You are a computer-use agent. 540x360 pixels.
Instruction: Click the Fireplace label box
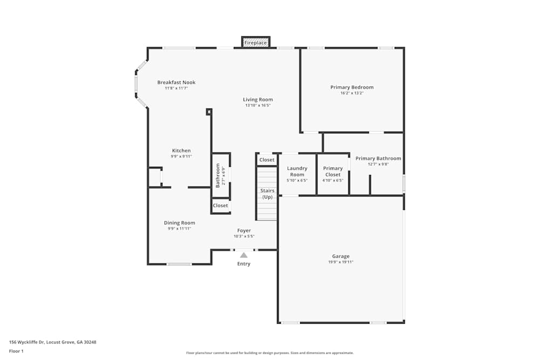pos(255,42)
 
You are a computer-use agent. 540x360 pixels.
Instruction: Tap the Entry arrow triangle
pos(244,255)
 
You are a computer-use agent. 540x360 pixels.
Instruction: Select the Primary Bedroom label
pos(352,87)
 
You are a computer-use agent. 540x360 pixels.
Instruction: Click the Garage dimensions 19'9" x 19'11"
pos(341,262)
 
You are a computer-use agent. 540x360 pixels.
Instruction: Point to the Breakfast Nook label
pos(176,83)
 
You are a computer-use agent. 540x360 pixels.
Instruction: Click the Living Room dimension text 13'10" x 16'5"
pos(258,105)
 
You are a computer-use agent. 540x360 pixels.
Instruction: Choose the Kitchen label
pos(181,151)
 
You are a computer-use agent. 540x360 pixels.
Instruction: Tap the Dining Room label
pos(179,223)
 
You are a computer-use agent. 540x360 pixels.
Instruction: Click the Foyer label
pos(244,230)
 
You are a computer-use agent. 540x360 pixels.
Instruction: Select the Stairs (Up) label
pos(267,194)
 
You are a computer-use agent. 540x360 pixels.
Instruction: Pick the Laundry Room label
pos(297,171)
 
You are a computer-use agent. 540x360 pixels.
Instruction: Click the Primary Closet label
pos(333,171)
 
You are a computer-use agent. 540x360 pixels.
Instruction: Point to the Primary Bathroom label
pos(378,158)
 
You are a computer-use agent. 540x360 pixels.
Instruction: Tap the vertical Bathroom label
pos(218,175)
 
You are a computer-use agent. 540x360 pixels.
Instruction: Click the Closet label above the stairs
pos(267,160)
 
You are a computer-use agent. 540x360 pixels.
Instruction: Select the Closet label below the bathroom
pos(220,206)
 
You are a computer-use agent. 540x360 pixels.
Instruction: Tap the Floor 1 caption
pos(16,351)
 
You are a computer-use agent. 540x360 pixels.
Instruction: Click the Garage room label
pos(341,256)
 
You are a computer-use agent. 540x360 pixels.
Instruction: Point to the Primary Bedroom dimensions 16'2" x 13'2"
pos(352,93)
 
